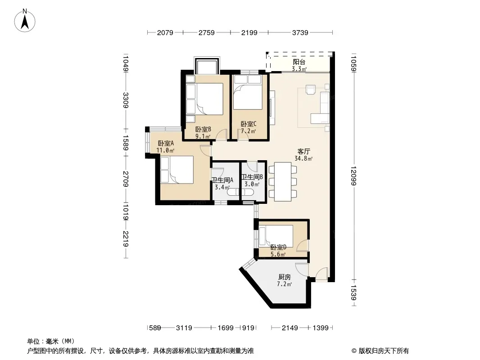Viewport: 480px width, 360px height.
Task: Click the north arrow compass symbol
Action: point(25,21)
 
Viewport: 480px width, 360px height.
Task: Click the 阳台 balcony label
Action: point(299,62)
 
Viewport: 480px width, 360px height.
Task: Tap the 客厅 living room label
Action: point(303,151)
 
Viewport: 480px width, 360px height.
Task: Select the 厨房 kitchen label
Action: point(285,277)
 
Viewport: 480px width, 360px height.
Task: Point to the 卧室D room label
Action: point(278,247)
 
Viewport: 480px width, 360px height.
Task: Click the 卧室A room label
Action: point(166,143)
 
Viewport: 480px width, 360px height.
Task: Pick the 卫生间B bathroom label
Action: point(252,177)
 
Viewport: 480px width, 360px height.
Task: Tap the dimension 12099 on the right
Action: point(353,175)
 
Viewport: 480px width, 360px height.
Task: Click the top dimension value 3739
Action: point(300,32)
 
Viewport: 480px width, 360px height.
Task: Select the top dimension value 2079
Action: point(165,32)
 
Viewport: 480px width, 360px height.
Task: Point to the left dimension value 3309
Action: point(126,100)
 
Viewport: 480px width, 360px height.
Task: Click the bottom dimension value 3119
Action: point(184,328)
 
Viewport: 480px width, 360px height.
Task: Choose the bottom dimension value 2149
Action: point(290,328)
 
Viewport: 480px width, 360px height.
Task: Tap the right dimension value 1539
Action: point(353,293)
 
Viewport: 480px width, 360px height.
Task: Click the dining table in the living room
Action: point(283,181)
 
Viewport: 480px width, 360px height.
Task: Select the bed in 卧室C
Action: point(248,92)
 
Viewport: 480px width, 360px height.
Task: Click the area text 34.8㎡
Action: point(303,158)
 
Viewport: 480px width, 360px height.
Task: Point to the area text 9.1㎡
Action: point(203,136)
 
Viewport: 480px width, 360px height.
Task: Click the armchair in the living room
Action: point(311,90)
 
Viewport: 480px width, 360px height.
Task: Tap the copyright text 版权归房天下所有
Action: point(384,351)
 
